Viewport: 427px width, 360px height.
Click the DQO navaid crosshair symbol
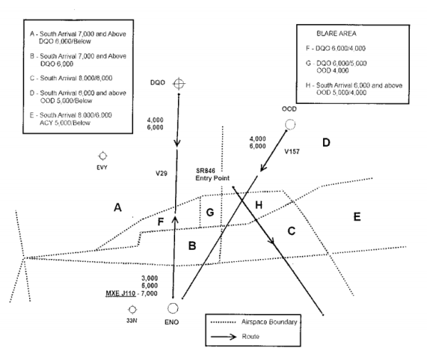(x=179, y=84)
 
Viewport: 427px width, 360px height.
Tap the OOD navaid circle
(x=290, y=125)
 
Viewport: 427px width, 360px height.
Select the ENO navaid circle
(x=172, y=308)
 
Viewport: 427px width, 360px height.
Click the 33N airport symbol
(x=132, y=309)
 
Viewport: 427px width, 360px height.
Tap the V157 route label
(x=293, y=152)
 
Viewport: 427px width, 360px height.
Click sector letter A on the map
(x=118, y=208)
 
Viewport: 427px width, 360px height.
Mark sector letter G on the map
(x=209, y=213)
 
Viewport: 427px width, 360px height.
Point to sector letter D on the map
(x=326, y=143)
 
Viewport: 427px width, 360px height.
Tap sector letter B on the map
(x=191, y=246)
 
